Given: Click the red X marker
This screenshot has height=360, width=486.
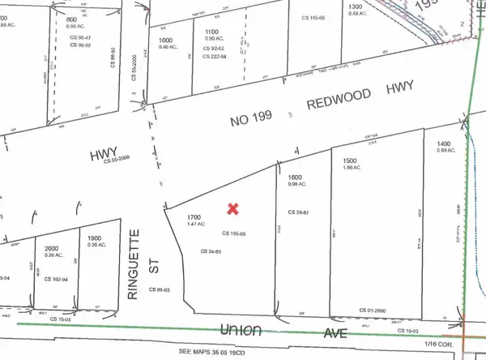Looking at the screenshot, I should [233, 209].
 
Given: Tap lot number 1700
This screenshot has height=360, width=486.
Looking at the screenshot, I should [193, 218].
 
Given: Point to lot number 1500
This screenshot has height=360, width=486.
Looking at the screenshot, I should [350, 161].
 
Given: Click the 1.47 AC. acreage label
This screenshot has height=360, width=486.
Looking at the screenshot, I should [193, 225].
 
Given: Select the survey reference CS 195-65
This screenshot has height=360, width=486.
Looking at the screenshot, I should [232, 233].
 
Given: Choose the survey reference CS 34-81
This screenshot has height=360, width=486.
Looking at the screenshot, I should [211, 251].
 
